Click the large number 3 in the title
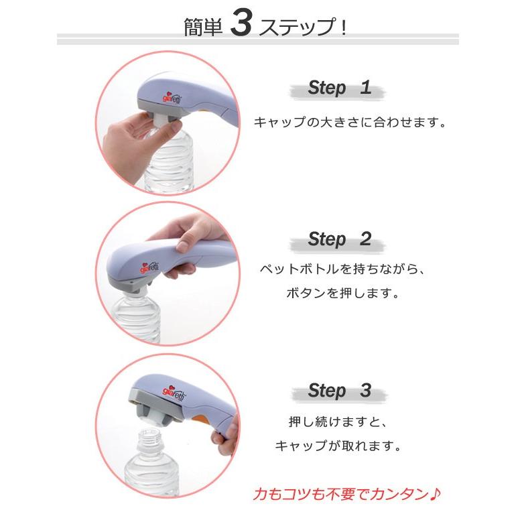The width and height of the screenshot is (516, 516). (241, 22)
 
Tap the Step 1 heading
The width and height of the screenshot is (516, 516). (340, 88)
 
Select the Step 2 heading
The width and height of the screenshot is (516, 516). (340, 239)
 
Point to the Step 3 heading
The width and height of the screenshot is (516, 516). (340, 391)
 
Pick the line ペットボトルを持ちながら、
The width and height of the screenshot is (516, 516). (342, 269)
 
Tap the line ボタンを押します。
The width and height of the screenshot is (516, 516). (342, 293)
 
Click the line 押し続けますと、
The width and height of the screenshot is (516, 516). (338, 422)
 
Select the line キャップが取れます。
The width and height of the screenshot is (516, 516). (338, 446)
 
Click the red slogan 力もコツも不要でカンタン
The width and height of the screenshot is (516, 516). (341, 494)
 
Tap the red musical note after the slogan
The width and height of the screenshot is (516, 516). (435, 493)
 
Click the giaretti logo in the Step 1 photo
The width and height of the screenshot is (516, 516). (172, 97)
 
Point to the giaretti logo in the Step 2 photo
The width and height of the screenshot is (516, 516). (149, 267)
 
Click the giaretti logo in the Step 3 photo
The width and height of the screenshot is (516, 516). (174, 393)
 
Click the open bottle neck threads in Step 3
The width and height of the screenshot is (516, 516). (150, 439)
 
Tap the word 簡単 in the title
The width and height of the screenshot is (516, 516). (203, 27)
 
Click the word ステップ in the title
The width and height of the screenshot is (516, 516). (297, 26)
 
